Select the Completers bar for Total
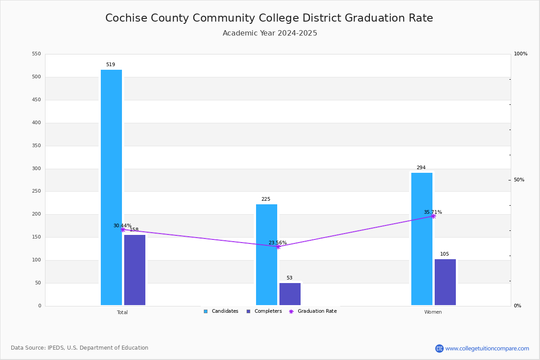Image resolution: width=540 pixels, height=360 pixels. click(135, 270)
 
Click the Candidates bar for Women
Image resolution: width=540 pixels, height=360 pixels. click(422, 239)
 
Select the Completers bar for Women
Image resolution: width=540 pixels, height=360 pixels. click(445, 282)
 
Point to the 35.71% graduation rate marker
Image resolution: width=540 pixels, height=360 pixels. click(433, 216)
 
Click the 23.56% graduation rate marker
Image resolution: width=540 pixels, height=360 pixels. click(278, 247)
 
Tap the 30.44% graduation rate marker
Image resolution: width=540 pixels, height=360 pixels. click(123, 229)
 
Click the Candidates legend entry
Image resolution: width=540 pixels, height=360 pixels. click(221, 311)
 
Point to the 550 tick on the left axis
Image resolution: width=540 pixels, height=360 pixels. click(36, 54)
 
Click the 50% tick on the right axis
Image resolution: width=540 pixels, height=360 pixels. click(519, 180)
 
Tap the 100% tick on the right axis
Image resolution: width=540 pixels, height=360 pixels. click(520, 54)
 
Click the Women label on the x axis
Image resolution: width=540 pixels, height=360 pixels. click(433, 312)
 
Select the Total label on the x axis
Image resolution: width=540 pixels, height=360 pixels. click(122, 312)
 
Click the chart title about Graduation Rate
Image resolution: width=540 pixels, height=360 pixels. click(269, 18)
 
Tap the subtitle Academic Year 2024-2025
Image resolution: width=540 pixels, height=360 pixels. click(270, 33)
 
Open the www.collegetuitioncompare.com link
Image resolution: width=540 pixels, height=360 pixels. click(487, 348)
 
